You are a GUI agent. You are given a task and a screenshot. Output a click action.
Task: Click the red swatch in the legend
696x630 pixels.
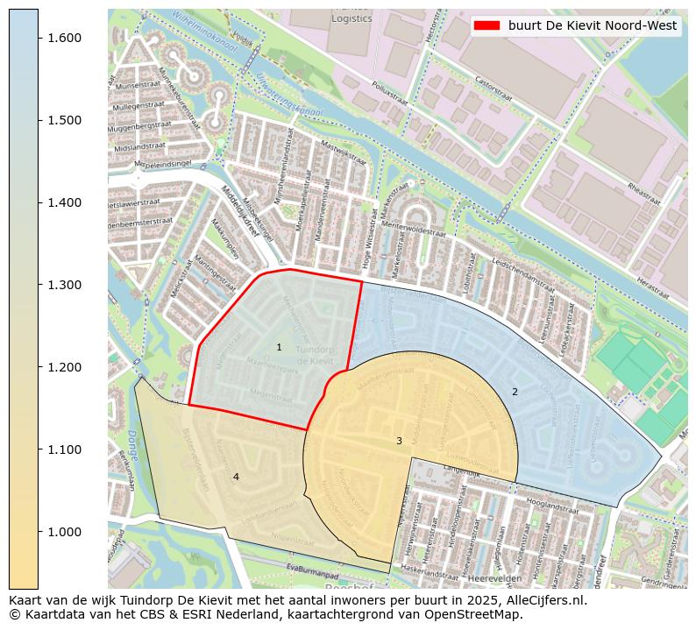[486, 26]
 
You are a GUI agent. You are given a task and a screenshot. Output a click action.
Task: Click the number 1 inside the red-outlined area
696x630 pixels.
[279, 348]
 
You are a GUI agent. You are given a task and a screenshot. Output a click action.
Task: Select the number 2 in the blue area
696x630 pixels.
[515, 392]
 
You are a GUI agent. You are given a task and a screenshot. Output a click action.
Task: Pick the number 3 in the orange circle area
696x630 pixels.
[399, 441]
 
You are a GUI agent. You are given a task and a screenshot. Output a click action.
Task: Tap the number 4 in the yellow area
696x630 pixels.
[235, 477]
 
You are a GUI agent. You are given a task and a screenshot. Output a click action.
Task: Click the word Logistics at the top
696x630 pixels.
[352, 18]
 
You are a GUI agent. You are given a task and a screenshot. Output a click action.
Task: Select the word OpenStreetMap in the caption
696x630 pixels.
[479, 614]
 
